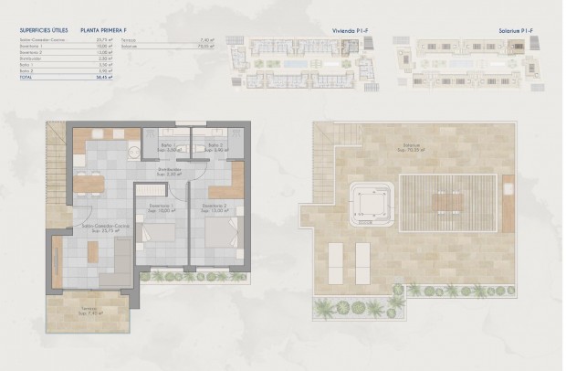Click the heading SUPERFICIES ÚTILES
(x=45, y=30)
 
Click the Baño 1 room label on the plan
(x=165, y=147)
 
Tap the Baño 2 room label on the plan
(x=215, y=147)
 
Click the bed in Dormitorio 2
(x=222, y=240)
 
